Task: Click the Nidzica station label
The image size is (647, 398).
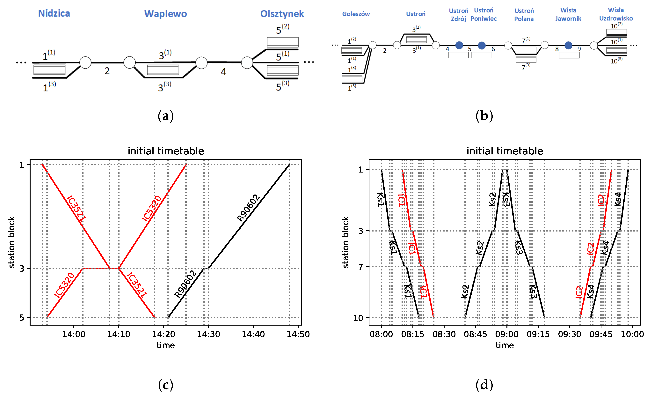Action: (54, 13)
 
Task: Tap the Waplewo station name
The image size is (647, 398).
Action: (165, 14)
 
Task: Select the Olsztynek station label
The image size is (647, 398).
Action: (282, 14)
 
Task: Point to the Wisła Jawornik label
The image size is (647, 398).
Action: (568, 14)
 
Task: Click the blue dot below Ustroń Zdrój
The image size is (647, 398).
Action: (459, 45)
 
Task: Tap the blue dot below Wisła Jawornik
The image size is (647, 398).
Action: (568, 45)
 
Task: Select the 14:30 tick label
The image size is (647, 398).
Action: (208, 334)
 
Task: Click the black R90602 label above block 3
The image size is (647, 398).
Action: (248, 208)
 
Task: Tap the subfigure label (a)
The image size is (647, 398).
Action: (165, 116)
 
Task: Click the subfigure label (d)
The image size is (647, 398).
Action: (484, 385)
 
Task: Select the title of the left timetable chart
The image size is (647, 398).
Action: (166, 151)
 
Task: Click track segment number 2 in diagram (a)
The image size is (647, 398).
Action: (107, 71)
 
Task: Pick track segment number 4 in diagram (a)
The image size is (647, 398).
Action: (223, 72)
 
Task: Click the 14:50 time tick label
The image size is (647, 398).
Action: (298, 334)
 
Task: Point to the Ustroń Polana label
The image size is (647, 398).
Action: (524, 15)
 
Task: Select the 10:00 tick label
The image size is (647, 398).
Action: (632, 334)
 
